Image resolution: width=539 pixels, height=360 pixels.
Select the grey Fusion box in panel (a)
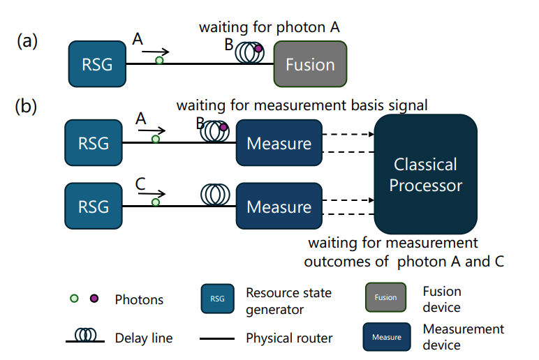click(x=310, y=64)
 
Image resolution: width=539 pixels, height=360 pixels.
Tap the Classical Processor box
click(x=425, y=174)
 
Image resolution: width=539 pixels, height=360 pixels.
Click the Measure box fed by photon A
click(x=279, y=143)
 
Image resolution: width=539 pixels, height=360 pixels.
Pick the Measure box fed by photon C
click(x=279, y=207)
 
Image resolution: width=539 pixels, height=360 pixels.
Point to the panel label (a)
click(x=27, y=40)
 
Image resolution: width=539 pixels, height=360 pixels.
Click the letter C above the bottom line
click(x=140, y=185)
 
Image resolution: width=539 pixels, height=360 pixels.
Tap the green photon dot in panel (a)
click(x=159, y=61)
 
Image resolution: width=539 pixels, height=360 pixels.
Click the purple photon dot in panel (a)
click(x=258, y=48)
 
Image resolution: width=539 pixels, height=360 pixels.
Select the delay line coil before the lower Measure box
click(x=216, y=193)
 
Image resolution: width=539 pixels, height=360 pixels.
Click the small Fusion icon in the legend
click(x=385, y=297)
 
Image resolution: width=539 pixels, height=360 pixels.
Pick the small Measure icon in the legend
click(x=386, y=337)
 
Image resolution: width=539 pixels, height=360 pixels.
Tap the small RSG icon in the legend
click(x=218, y=299)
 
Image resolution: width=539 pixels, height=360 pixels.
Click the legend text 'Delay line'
click(x=143, y=338)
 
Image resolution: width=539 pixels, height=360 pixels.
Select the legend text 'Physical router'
click(x=289, y=338)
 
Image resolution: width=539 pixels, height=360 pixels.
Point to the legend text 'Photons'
click(x=139, y=299)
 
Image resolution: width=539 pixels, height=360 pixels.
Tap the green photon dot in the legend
click(x=75, y=299)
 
